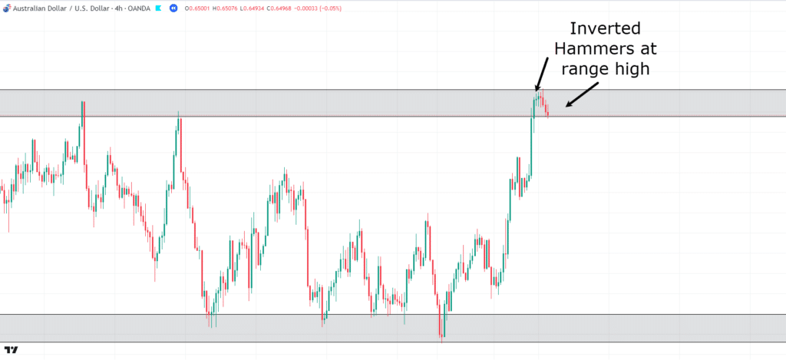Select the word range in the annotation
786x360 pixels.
586,68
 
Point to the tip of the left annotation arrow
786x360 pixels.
536,91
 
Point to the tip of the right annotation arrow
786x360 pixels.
565,105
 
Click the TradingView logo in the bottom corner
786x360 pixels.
11,350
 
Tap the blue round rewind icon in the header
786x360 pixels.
173,8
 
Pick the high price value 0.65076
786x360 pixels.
233,8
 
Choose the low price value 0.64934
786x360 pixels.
265,8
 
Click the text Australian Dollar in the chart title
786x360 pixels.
38,8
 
